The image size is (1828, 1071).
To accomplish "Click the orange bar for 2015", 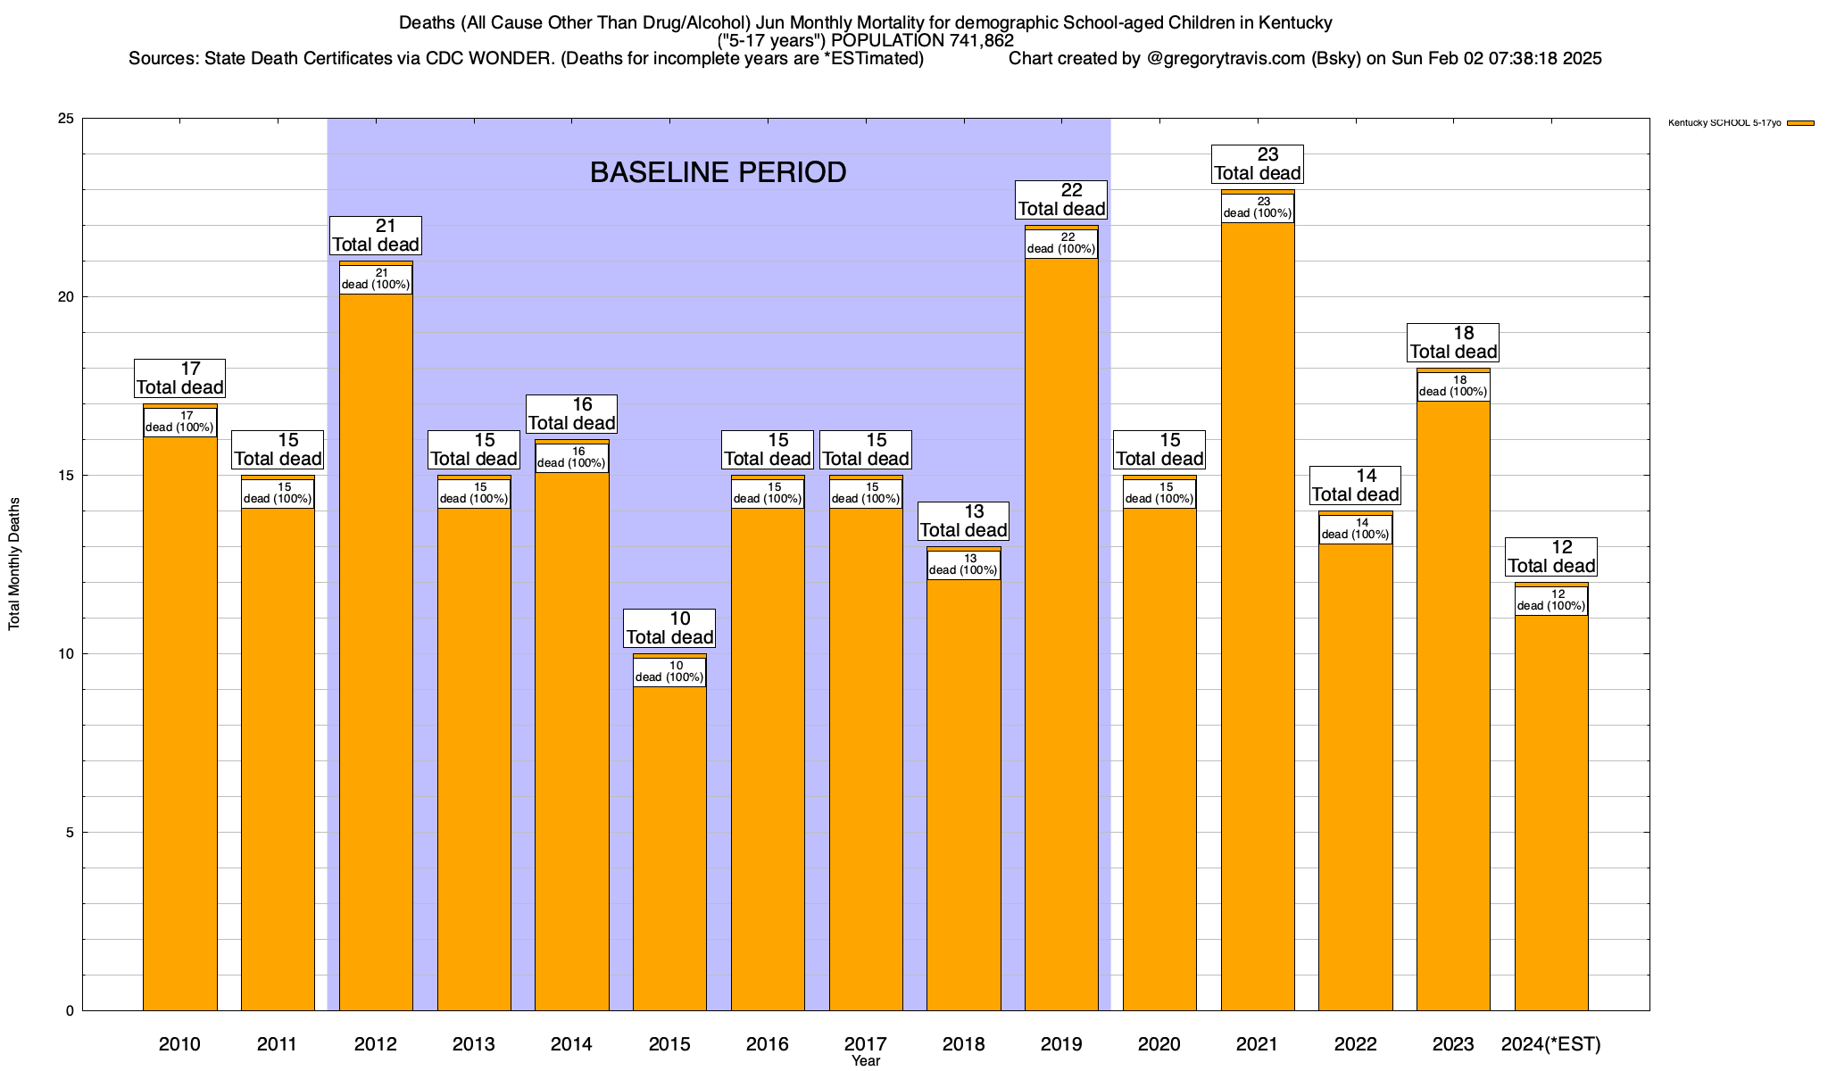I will click(669, 848).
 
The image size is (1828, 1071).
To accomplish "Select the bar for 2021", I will click(1257, 625).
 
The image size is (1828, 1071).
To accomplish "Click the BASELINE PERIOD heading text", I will click(718, 172).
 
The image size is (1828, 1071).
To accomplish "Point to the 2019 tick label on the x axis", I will click(1061, 1043).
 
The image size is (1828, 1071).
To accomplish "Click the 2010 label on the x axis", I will click(179, 1043).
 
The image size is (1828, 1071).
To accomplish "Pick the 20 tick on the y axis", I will click(67, 297).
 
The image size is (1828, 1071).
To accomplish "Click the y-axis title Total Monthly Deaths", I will click(14, 564).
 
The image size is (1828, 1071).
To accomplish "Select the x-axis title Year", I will click(865, 1061).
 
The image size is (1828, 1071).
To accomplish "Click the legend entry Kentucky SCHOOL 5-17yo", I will click(1724, 123).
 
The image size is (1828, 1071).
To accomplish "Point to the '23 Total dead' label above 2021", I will click(1257, 164).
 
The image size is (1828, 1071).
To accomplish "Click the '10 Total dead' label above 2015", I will click(669, 628).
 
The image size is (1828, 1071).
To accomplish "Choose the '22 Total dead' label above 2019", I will click(1061, 200).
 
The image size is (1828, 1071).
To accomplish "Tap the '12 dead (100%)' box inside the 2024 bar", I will click(1551, 601).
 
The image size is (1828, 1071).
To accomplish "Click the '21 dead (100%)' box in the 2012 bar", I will click(376, 279).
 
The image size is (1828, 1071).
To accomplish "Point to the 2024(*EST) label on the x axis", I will click(1551, 1043).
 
